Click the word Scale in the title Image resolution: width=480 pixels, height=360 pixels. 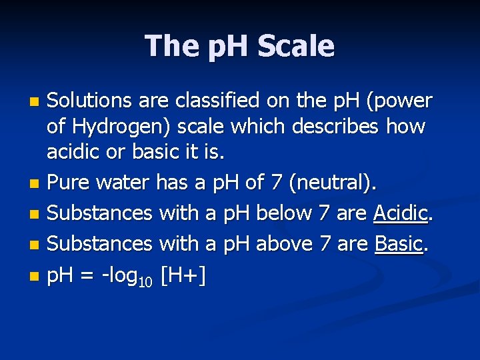click(x=295, y=46)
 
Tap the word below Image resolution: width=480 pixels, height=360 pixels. click(x=284, y=213)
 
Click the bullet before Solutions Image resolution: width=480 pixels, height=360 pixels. click(x=36, y=103)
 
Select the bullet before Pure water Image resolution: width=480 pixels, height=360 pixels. click(x=36, y=182)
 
